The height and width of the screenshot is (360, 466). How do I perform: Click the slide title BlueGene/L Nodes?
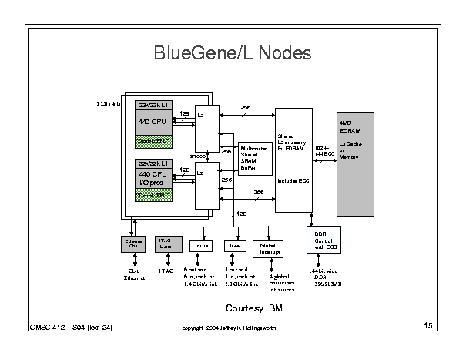pos(232,54)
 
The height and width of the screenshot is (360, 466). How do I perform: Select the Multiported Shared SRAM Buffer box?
pos(255,158)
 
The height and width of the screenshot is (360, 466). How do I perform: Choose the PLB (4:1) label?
pos(108,103)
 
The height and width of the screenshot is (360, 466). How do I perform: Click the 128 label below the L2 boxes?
pos(241,214)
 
